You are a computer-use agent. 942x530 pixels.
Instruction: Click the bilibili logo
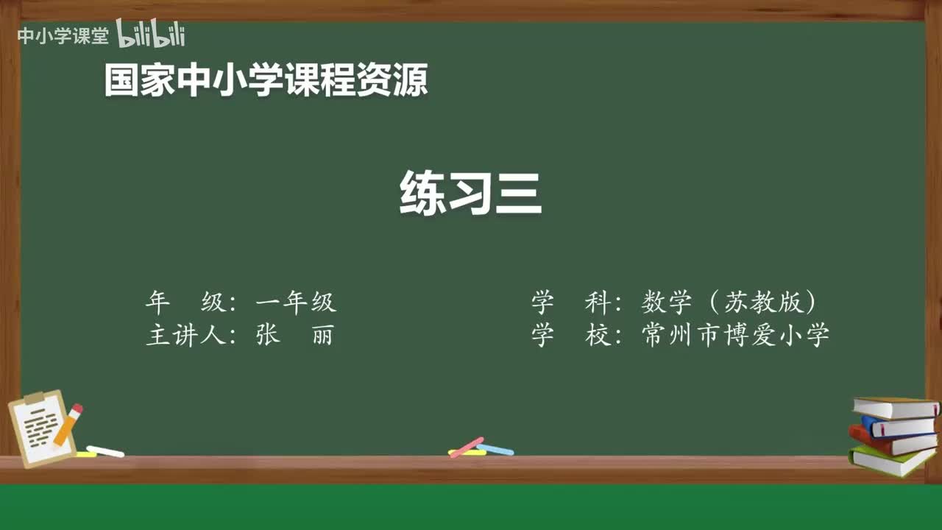click(150, 35)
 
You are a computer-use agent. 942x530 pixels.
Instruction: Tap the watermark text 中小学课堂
click(63, 36)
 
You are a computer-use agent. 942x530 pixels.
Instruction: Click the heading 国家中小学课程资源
click(266, 80)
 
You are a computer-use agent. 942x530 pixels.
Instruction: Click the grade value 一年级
click(296, 302)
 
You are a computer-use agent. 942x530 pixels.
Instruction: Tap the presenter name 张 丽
click(294, 335)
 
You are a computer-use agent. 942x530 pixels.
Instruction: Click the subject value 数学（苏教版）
click(729, 302)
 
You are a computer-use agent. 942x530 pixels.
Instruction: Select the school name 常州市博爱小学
click(735, 335)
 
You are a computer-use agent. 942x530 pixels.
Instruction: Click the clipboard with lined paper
click(40, 431)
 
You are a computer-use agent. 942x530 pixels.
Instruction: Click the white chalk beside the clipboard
click(105, 451)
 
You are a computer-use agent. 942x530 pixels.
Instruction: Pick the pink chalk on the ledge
click(467, 447)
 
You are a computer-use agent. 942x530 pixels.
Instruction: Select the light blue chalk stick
click(496, 449)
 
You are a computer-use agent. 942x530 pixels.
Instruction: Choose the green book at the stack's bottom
click(890, 462)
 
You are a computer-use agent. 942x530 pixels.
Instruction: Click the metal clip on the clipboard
click(35, 397)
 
